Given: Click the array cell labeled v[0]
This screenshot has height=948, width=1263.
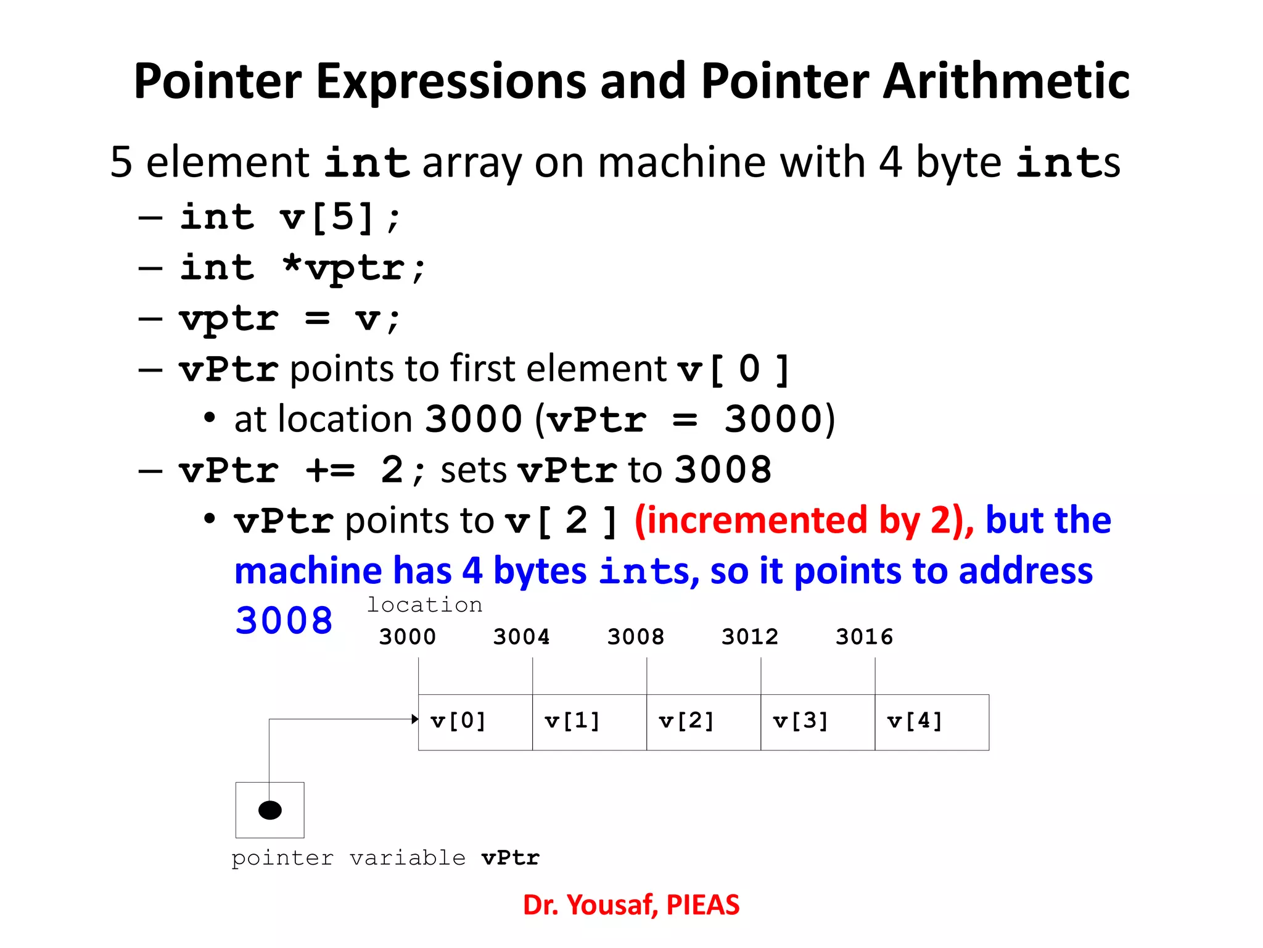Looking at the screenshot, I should (x=475, y=722).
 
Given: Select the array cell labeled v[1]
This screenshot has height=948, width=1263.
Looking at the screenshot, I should (x=589, y=722).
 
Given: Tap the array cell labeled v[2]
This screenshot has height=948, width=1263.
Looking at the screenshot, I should (x=703, y=722).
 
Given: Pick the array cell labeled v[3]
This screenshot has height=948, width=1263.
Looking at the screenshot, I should (x=817, y=722).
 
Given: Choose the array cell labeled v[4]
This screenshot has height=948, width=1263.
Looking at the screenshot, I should (x=931, y=722).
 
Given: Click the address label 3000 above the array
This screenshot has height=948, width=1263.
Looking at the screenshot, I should (x=407, y=636).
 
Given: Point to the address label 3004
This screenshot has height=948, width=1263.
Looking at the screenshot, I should (x=521, y=636).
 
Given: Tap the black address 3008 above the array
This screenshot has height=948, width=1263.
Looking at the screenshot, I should (x=635, y=636).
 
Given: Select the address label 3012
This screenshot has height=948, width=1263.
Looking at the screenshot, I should (x=750, y=636).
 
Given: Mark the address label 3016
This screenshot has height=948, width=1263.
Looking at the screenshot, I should (x=864, y=636).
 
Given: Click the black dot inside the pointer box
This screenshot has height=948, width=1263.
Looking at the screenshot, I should (x=269, y=810).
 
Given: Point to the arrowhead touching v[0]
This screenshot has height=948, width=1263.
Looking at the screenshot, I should (x=415, y=719).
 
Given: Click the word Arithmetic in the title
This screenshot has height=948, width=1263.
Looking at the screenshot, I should (x=1006, y=81).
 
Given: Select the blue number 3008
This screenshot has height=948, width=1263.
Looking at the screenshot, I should (x=284, y=620).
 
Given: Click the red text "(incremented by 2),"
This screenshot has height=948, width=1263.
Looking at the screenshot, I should (x=804, y=520).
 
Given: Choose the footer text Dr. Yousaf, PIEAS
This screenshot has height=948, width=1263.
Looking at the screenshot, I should (x=631, y=905).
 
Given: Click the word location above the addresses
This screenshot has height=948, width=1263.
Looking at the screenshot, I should (x=424, y=605).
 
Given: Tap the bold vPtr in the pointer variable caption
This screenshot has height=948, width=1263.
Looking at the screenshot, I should (x=511, y=858).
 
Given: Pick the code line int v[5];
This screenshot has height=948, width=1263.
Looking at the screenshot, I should (x=290, y=217).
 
